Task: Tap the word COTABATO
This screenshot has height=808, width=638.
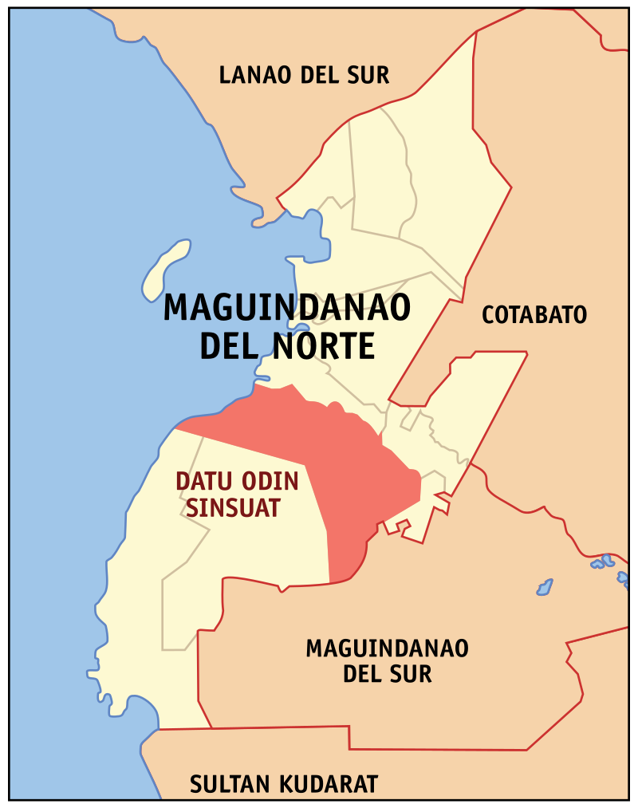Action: pos(534,315)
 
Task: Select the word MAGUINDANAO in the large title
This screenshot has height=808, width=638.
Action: pos(287,308)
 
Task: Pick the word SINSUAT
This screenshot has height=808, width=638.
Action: pos(234,507)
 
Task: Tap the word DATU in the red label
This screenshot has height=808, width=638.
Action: pos(199,482)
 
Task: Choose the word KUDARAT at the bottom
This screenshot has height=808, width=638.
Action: pos(329,784)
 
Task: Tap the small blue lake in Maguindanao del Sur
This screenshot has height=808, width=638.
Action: pos(545,588)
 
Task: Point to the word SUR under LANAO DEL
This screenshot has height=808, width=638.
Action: pos(369,76)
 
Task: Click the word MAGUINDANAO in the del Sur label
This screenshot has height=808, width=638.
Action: pos(388,648)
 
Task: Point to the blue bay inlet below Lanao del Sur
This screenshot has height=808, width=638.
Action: pos(307,239)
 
